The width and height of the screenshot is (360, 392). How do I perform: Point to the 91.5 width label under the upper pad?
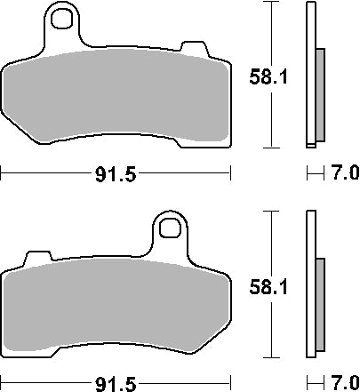coord(116,175)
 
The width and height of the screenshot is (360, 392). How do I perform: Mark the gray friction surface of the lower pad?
coord(116,307)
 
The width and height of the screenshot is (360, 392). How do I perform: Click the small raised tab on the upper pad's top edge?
coord(191,46)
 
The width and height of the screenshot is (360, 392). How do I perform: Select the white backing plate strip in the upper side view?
coord(310,76)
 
